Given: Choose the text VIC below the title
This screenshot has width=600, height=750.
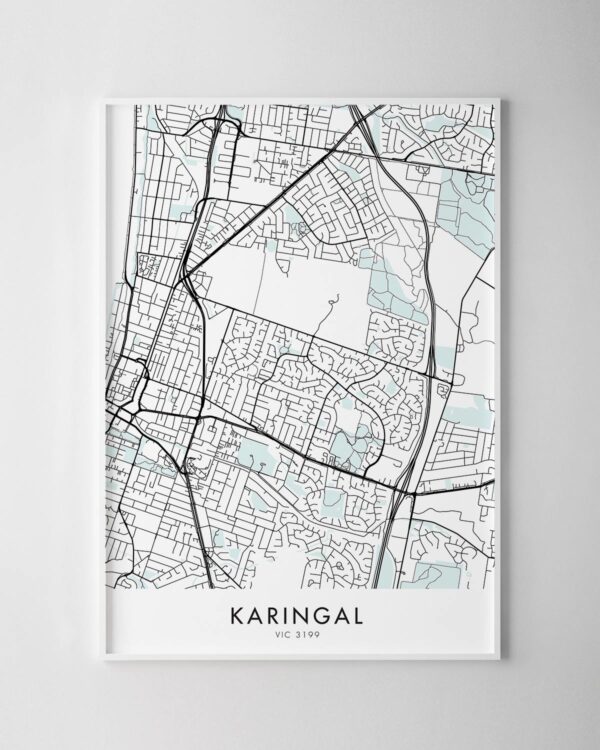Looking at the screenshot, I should (286, 632).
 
